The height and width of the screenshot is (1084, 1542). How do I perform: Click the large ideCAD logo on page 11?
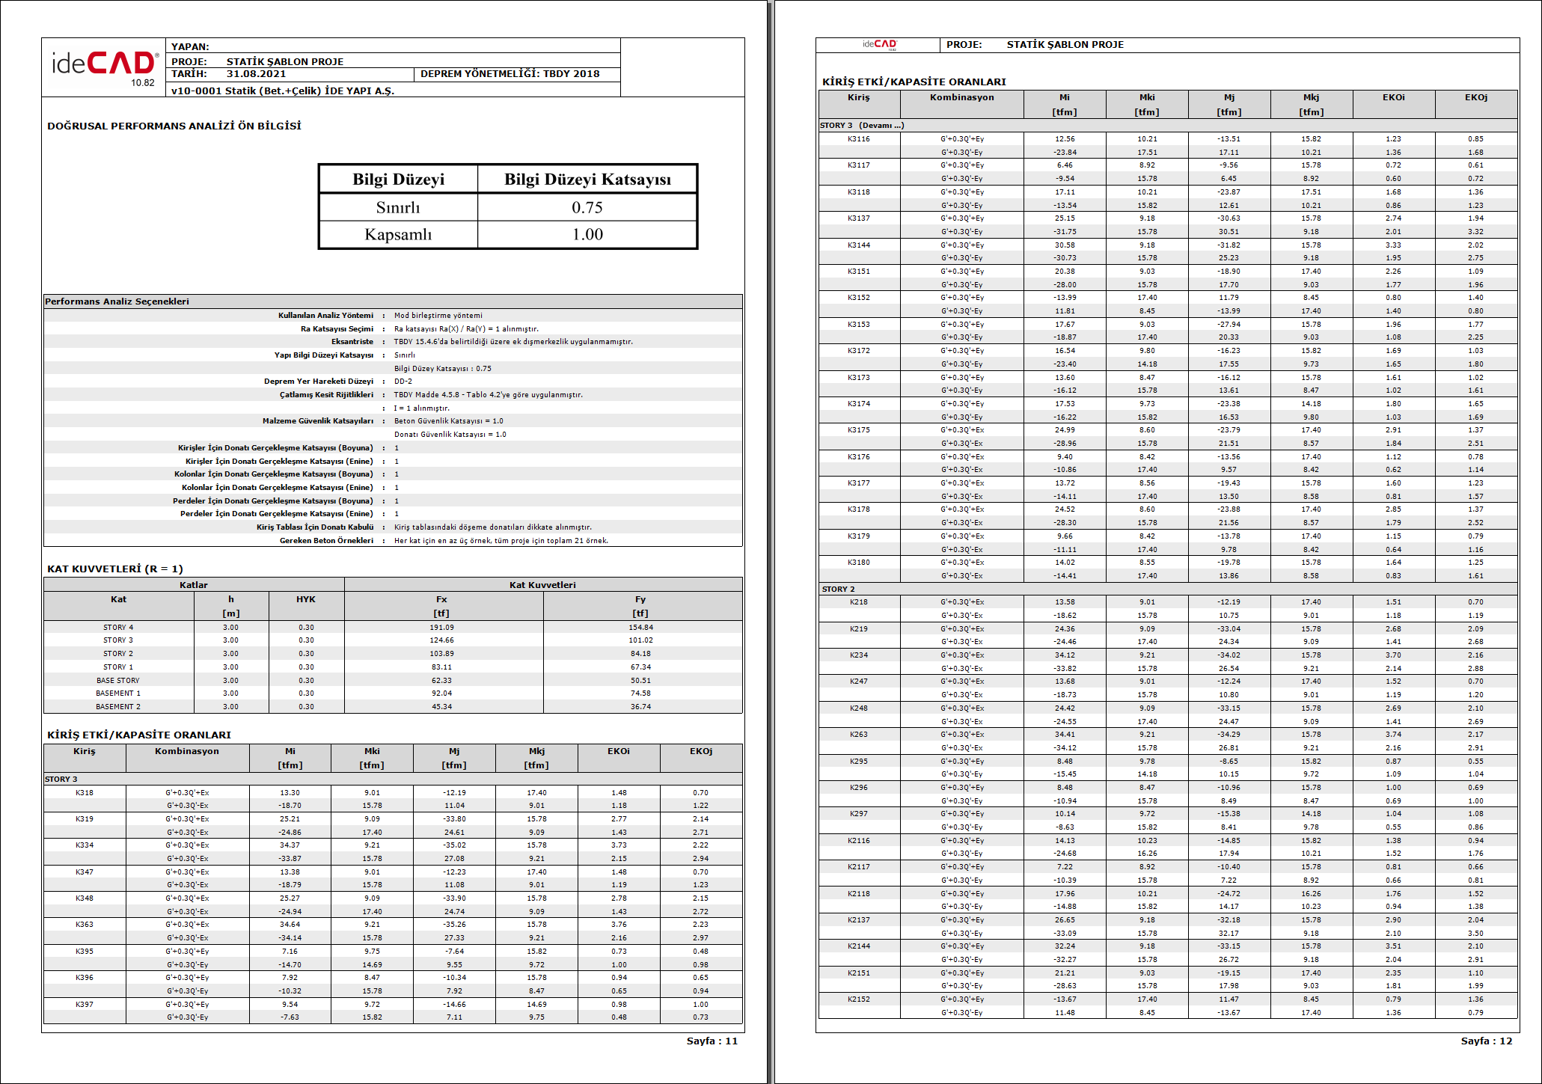click(x=104, y=66)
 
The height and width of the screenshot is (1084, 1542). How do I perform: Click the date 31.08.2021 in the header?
click(x=256, y=74)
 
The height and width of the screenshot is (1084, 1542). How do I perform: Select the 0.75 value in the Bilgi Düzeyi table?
click(x=587, y=207)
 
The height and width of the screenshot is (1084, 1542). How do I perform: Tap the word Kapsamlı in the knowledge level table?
click(x=398, y=234)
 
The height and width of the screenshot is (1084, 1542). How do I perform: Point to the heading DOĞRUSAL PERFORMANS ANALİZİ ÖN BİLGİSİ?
click(x=174, y=126)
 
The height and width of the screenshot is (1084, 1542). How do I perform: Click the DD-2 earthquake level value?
click(x=403, y=382)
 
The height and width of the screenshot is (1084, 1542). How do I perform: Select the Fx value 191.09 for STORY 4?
click(x=441, y=628)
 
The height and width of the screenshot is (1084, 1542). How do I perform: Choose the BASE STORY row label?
click(x=117, y=681)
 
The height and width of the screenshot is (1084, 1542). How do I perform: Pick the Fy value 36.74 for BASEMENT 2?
click(x=640, y=707)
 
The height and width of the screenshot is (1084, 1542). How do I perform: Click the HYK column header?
click(x=305, y=599)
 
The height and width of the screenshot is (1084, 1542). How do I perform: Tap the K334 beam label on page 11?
click(x=85, y=845)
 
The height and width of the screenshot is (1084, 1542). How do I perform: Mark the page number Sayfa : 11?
click(x=712, y=1041)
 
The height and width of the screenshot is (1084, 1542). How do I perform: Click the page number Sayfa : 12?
click(x=1486, y=1041)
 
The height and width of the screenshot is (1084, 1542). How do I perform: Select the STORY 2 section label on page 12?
click(x=838, y=590)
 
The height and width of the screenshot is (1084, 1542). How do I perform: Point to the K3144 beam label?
click(x=858, y=245)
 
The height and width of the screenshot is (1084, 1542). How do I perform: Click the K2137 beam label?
click(x=858, y=920)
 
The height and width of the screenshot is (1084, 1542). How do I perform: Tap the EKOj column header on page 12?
click(x=1475, y=97)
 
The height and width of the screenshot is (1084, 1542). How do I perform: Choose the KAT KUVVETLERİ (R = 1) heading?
click(x=115, y=569)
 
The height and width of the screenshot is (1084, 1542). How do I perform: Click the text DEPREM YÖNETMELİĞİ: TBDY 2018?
click(x=510, y=74)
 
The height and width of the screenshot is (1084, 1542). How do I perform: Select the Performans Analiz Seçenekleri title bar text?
click(x=117, y=301)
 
